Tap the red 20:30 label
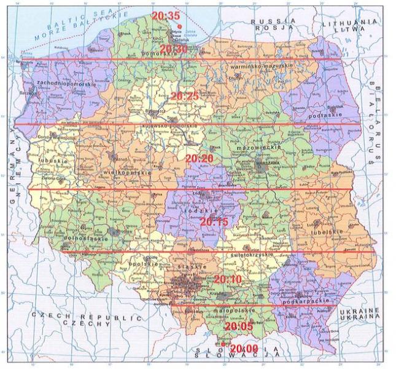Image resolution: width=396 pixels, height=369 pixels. [173, 49]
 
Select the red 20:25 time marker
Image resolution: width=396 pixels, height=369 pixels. [184, 97]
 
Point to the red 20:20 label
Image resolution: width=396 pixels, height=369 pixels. [198, 158]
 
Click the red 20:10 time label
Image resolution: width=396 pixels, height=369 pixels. [228, 280]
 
